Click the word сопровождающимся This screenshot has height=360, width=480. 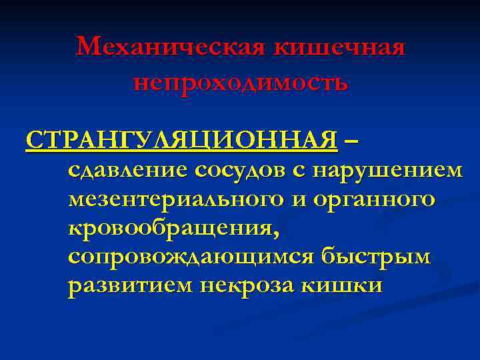click(x=191, y=257)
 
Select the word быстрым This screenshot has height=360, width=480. click(x=375, y=257)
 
